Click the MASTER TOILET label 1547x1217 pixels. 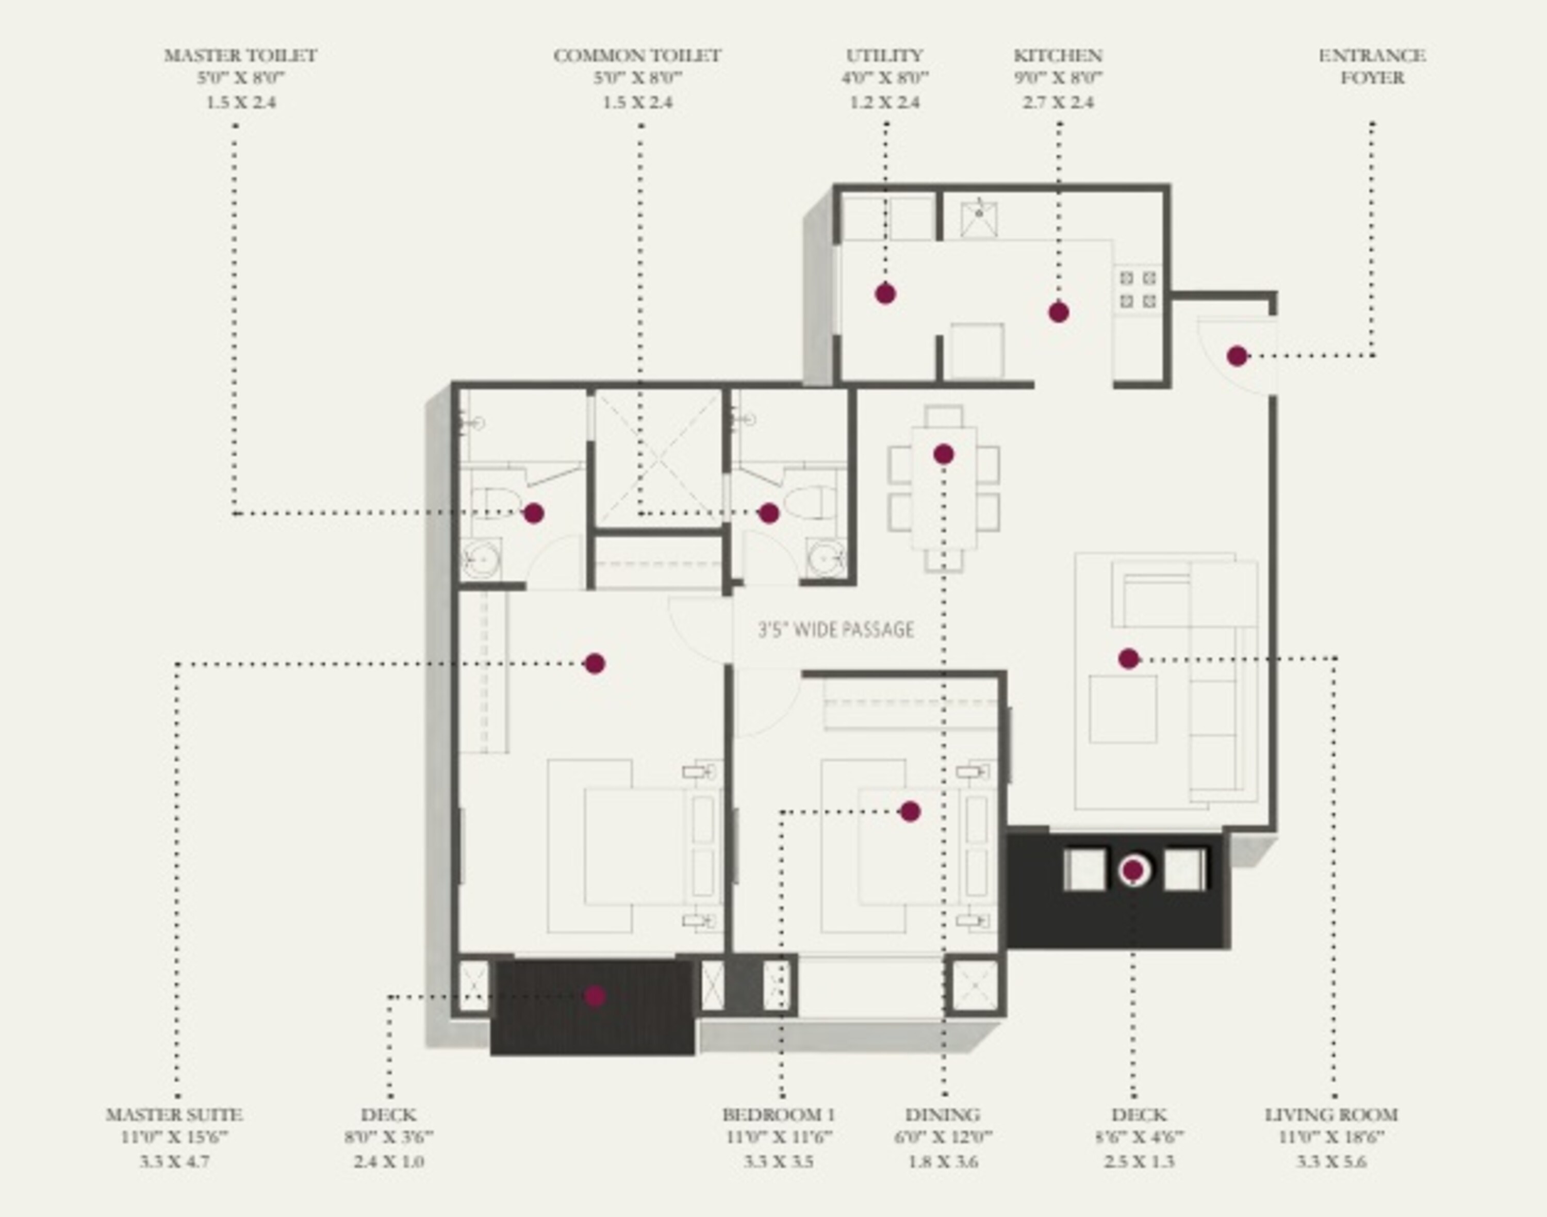click(241, 56)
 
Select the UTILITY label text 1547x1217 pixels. click(884, 56)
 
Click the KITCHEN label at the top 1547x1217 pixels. click(1058, 56)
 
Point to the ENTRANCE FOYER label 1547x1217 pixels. click(1372, 67)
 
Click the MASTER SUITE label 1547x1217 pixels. click(175, 1114)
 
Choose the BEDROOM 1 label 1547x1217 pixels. click(778, 1114)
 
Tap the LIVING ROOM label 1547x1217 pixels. click(1331, 1114)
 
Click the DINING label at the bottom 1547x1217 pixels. click(943, 1114)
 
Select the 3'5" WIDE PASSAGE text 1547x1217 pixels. click(836, 630)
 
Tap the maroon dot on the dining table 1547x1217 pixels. click(944, 454)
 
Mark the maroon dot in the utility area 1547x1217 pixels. click(885, 293)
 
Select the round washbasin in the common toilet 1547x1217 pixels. click(826, 558)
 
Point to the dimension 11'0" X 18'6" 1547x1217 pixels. click(1331, 1137)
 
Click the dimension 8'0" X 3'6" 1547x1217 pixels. click(388, 1137)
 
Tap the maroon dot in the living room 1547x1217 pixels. click(1128, 659)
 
